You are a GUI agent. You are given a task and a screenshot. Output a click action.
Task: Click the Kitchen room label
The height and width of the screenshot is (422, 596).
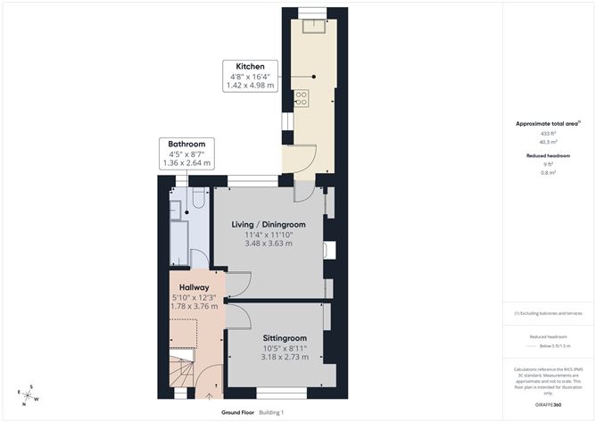click(x=251, y=67)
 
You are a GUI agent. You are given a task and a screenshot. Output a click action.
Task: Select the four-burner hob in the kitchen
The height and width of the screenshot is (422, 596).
click(x=302, y=97)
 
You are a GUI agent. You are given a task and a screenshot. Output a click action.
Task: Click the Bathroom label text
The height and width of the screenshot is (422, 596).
click(x=187, y=144)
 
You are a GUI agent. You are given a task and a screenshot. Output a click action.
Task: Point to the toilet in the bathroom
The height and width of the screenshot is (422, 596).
click(x=198, y=207)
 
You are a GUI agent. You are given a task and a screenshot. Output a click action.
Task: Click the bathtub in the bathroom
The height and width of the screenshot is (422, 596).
click(x=179, y=242)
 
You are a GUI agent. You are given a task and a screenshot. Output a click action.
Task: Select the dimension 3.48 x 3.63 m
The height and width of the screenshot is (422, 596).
click(x=269, y=244)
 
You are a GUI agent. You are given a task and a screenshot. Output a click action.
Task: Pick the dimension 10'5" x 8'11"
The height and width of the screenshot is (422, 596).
click(x=284, y=348)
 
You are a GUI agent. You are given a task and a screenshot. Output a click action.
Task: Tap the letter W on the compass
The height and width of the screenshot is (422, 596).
click(x=35, y=401)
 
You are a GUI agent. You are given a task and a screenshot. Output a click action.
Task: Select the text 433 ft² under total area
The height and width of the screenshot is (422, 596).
click(x=547, y=133)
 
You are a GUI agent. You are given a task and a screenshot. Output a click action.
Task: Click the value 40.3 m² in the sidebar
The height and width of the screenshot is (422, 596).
click(x=547, y=141)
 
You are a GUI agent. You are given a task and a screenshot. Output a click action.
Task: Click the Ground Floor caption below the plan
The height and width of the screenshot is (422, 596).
click(x=238, y=412)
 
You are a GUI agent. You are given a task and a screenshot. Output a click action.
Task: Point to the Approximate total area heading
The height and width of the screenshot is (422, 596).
click(x=547, y=124)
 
